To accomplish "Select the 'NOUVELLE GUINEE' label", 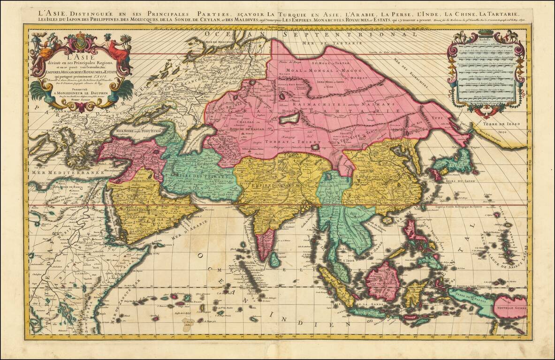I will [x=510, y=307].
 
